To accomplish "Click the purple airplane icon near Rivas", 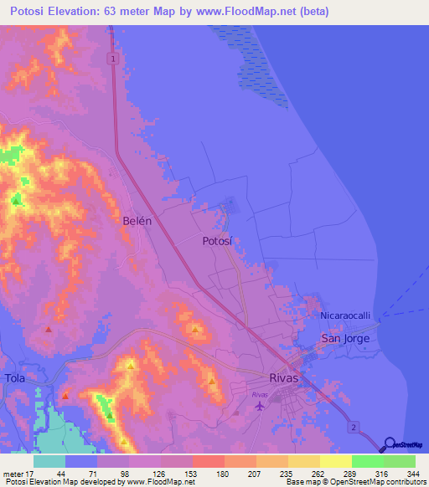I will (x=259, y=407).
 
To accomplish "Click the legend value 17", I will (x=31, y=473).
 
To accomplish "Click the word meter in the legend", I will (x=13, y=473).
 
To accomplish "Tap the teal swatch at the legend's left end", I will (x=49, y=461).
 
